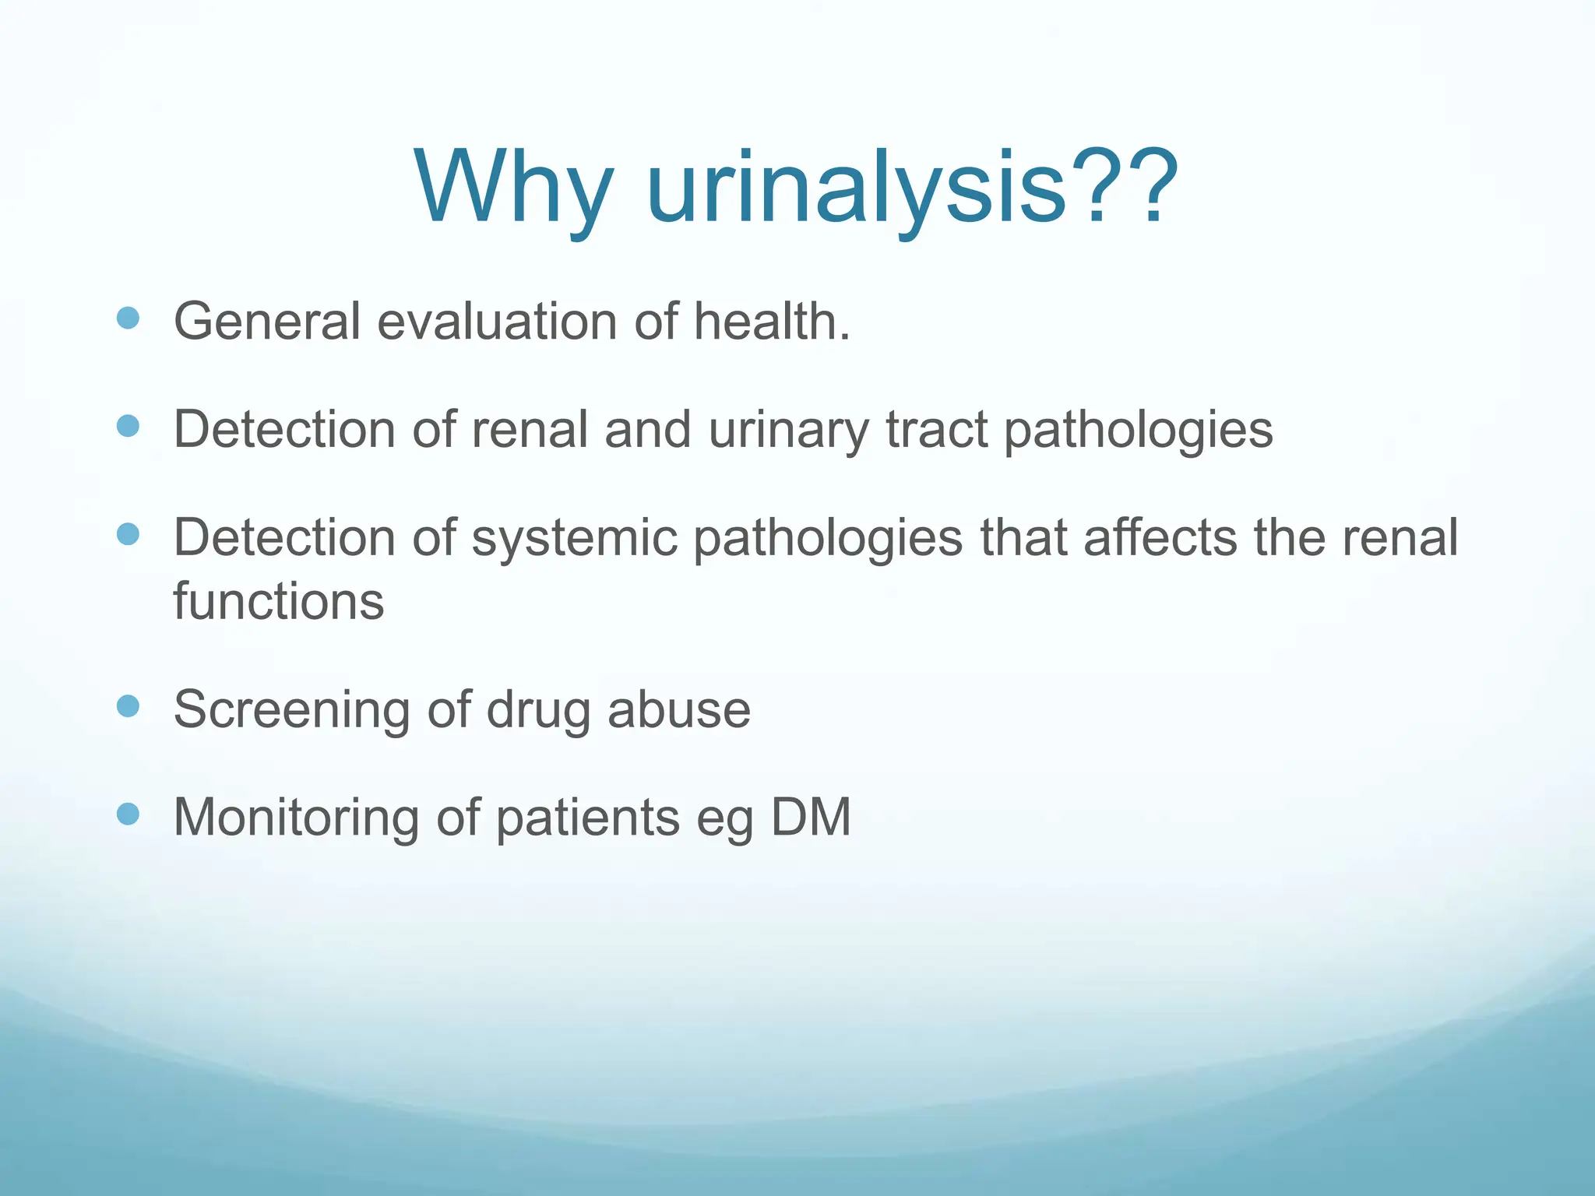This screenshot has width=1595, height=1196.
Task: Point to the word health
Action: point(771,322)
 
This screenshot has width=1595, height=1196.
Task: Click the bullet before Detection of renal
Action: point(128,426)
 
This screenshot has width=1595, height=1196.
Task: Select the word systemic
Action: point(574,539)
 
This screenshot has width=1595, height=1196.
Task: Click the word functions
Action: point(279,602)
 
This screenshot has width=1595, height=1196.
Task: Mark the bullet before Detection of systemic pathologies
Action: point(128,534)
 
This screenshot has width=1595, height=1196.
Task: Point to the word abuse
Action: point(678,710)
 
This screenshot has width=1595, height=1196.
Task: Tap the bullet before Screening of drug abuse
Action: point(128,706)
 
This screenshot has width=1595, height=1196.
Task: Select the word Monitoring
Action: point(296,818)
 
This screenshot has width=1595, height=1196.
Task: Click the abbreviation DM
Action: point(811,818)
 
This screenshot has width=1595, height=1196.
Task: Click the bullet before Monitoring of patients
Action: point(128,814)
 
